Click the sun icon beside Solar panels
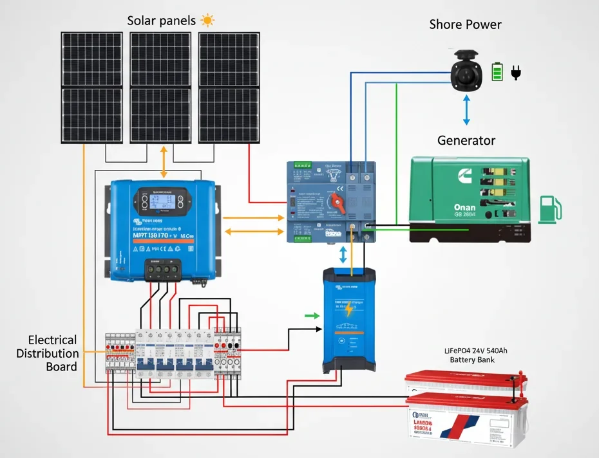click(207, 20)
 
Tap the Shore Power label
click(465, 24)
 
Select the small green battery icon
click(497, 71)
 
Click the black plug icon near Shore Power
click(515, 71)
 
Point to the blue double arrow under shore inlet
click(467, 111)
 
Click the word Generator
click(466, 140)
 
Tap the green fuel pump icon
click(550, 208)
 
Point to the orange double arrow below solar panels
click(163, 161)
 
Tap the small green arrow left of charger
click(311, 315)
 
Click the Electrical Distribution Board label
click(53, 353)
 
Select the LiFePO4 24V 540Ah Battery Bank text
click(473, 355)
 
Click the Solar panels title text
click(161, 21)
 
